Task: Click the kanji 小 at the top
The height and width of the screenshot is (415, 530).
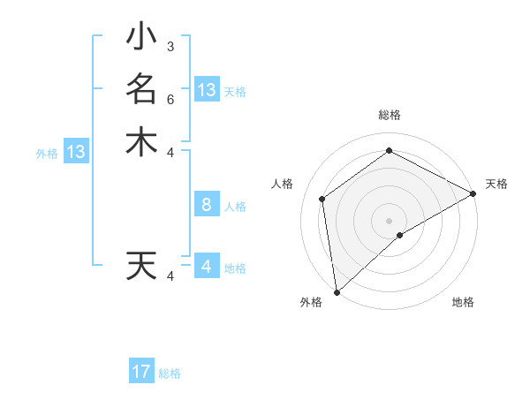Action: point(141,37)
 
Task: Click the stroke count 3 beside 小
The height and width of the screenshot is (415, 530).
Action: point(170,46)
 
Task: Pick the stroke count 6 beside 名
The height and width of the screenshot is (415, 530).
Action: point(170,98)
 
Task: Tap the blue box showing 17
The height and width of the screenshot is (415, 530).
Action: point(141,372)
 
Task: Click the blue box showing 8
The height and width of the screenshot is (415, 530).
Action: point(206,205)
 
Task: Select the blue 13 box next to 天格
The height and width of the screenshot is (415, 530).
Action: point(206,90)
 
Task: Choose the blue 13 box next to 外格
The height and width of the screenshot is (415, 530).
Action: point(76,152)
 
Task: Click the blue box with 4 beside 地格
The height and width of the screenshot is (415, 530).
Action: point(206,267)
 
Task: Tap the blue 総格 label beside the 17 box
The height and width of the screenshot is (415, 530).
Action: point(170,373)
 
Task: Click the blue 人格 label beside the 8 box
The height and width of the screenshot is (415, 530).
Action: point(235,207)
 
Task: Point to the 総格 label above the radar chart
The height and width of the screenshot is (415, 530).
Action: point(389,116)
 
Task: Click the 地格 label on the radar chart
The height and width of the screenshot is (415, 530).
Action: point(463,302)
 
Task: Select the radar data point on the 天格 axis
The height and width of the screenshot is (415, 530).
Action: point(473,193)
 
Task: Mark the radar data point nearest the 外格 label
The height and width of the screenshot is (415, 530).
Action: point(337,291)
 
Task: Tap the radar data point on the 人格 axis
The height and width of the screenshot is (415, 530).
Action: point(322,199)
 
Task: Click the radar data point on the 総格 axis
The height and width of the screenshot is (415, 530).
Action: point(389,151)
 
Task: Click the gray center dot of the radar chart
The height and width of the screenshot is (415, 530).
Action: point(389,220)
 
